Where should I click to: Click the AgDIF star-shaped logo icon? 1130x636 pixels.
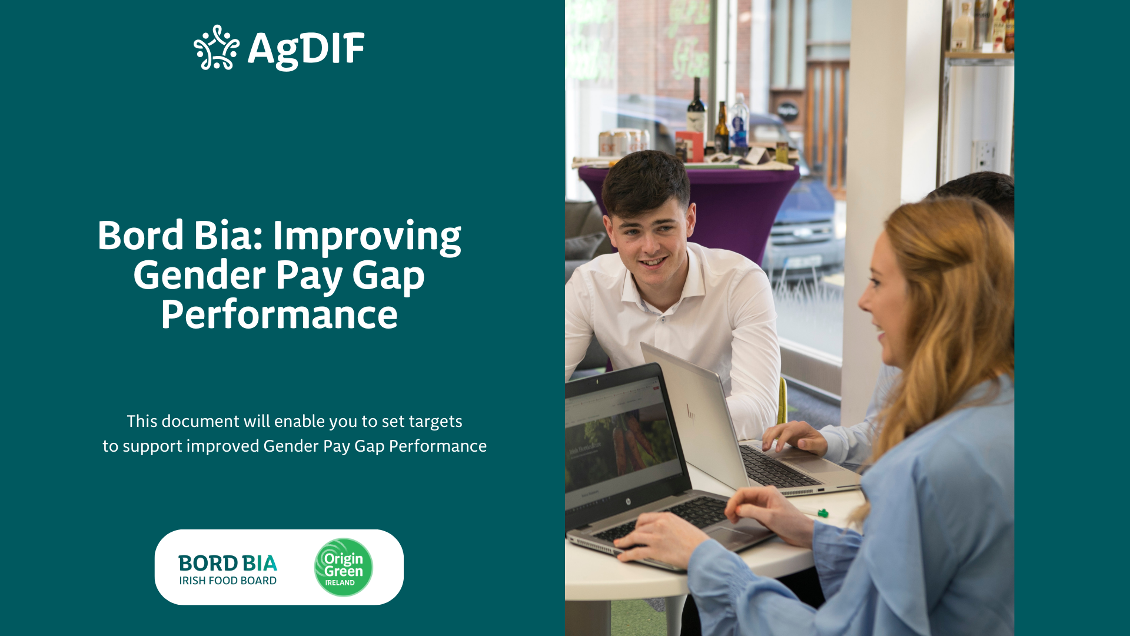[217, 48]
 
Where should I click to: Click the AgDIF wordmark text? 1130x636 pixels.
[306, 49]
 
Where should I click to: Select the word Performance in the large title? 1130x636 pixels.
[280, 314]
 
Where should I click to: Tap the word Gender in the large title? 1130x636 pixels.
[200, 275]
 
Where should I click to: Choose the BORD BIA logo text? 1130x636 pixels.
[228, 564]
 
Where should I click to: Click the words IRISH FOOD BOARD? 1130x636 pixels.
[228, 581]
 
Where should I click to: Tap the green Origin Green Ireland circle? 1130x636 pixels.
[344, 567]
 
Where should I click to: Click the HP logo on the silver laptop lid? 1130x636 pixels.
[691, 412]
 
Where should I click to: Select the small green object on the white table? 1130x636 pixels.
[823, 514]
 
